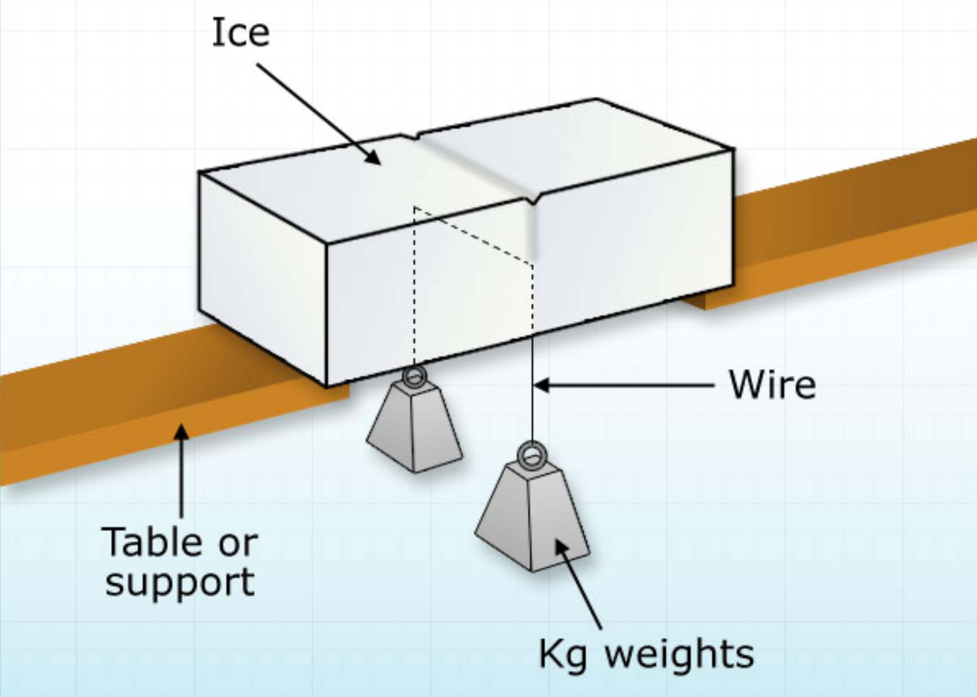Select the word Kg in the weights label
click(562, 654)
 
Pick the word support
click(180, 582)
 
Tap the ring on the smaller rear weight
click(414, 377)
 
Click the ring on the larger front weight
click(532, 456)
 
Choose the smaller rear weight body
click(414, 429)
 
